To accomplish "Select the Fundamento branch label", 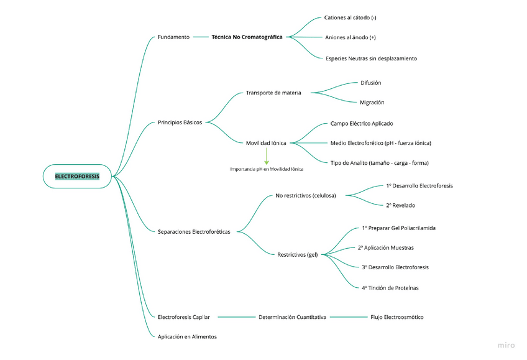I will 173,37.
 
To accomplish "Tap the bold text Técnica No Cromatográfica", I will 247,37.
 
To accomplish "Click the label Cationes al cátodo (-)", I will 350,17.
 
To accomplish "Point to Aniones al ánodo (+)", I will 351,37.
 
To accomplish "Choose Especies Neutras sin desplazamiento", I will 371,58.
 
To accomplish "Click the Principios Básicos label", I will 180,122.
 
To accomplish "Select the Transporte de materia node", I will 273,93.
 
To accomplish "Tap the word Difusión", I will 371,83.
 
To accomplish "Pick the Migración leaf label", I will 372,102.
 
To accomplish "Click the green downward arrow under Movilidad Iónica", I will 267,155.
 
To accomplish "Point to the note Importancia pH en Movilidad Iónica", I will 267,168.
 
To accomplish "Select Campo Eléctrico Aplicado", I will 362,123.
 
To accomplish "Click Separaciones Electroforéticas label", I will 194,232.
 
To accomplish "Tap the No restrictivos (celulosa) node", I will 306,195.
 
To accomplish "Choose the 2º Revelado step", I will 400,205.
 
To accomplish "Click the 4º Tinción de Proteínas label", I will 390,288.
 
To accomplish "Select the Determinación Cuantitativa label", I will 292,317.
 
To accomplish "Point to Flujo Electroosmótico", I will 396,317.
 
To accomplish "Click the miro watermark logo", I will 506,346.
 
